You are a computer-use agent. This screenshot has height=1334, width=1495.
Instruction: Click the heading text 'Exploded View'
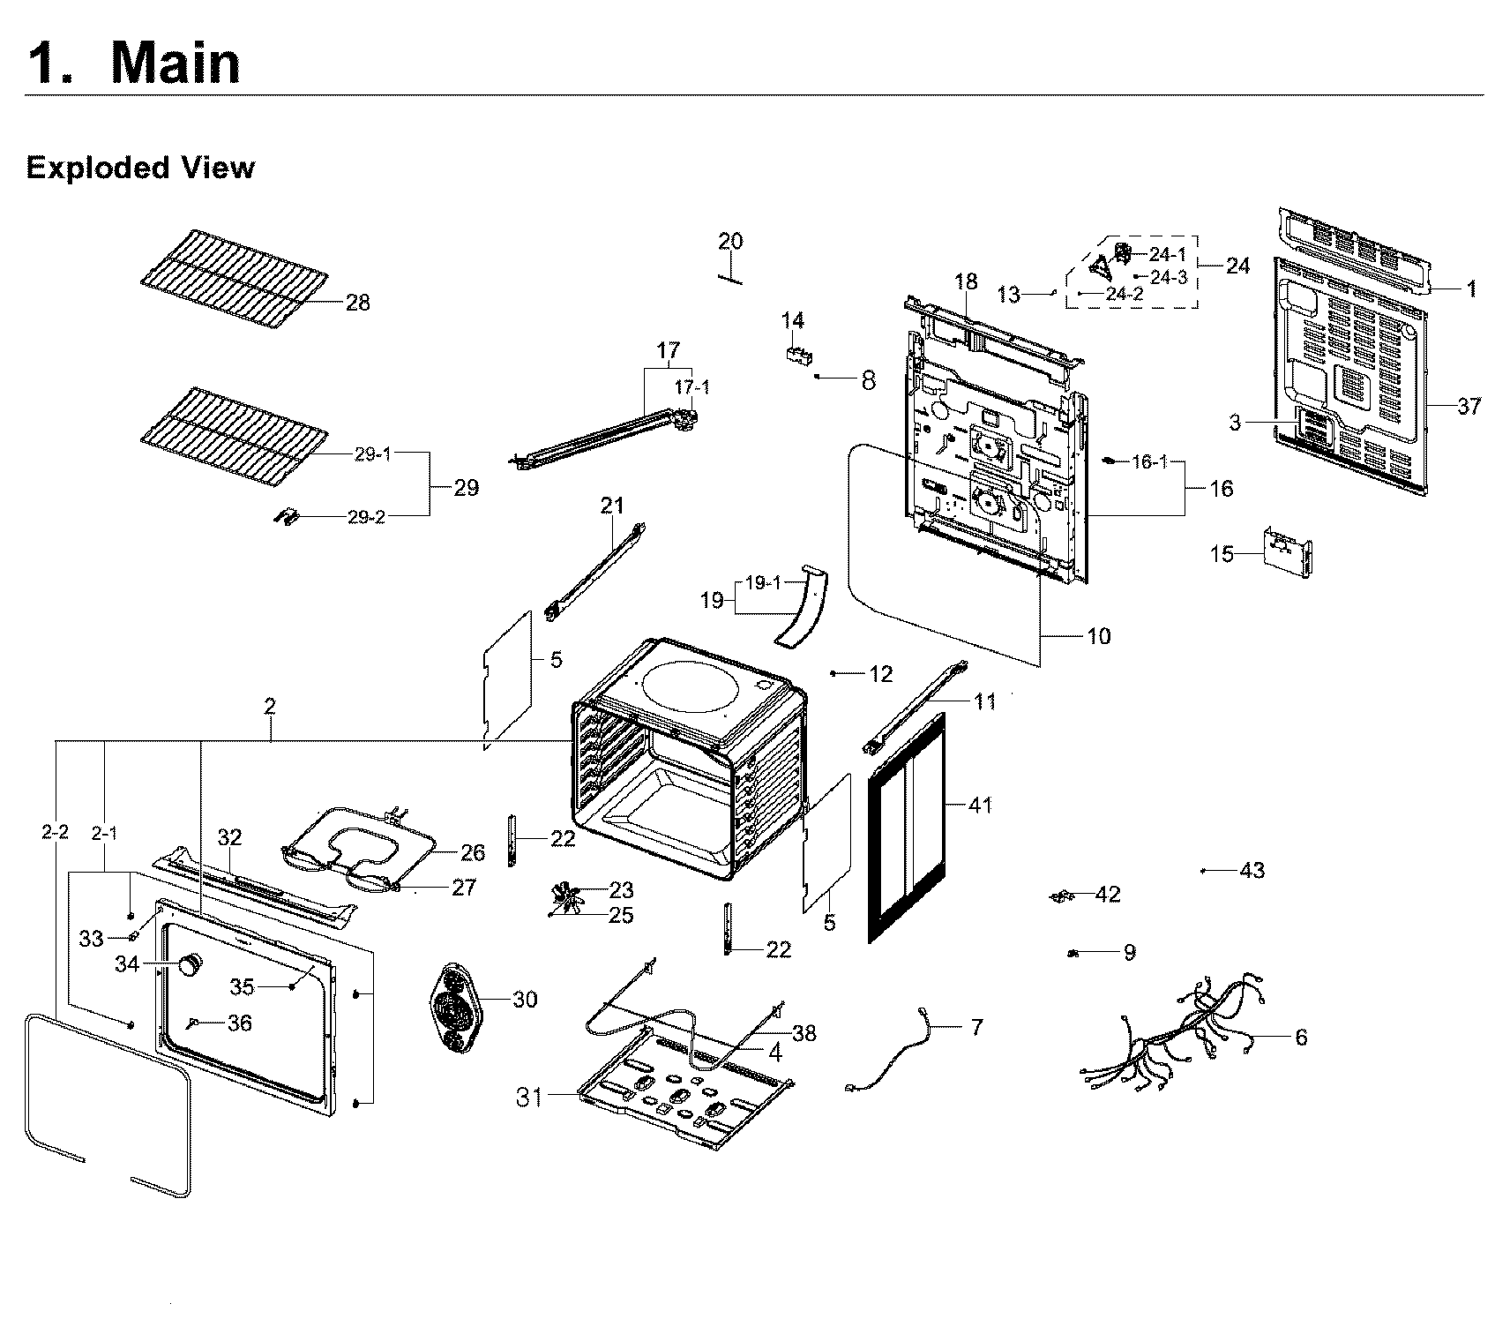point(140,168)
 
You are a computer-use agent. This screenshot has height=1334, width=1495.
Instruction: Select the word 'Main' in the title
point(176,64)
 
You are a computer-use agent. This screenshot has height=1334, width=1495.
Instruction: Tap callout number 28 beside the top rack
point(357,303)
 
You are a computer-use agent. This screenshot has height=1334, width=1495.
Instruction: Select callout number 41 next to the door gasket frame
point(979,805)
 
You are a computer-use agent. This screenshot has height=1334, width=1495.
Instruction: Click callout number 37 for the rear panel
point(1469,406)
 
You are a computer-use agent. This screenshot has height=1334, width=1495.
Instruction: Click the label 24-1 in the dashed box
point(1168,254)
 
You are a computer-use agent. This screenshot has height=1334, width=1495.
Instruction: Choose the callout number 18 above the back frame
point(966,281)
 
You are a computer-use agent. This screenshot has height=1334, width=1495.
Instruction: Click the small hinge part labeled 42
point(1061,896)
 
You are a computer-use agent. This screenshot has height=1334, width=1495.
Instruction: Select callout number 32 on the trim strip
point(229,836)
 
